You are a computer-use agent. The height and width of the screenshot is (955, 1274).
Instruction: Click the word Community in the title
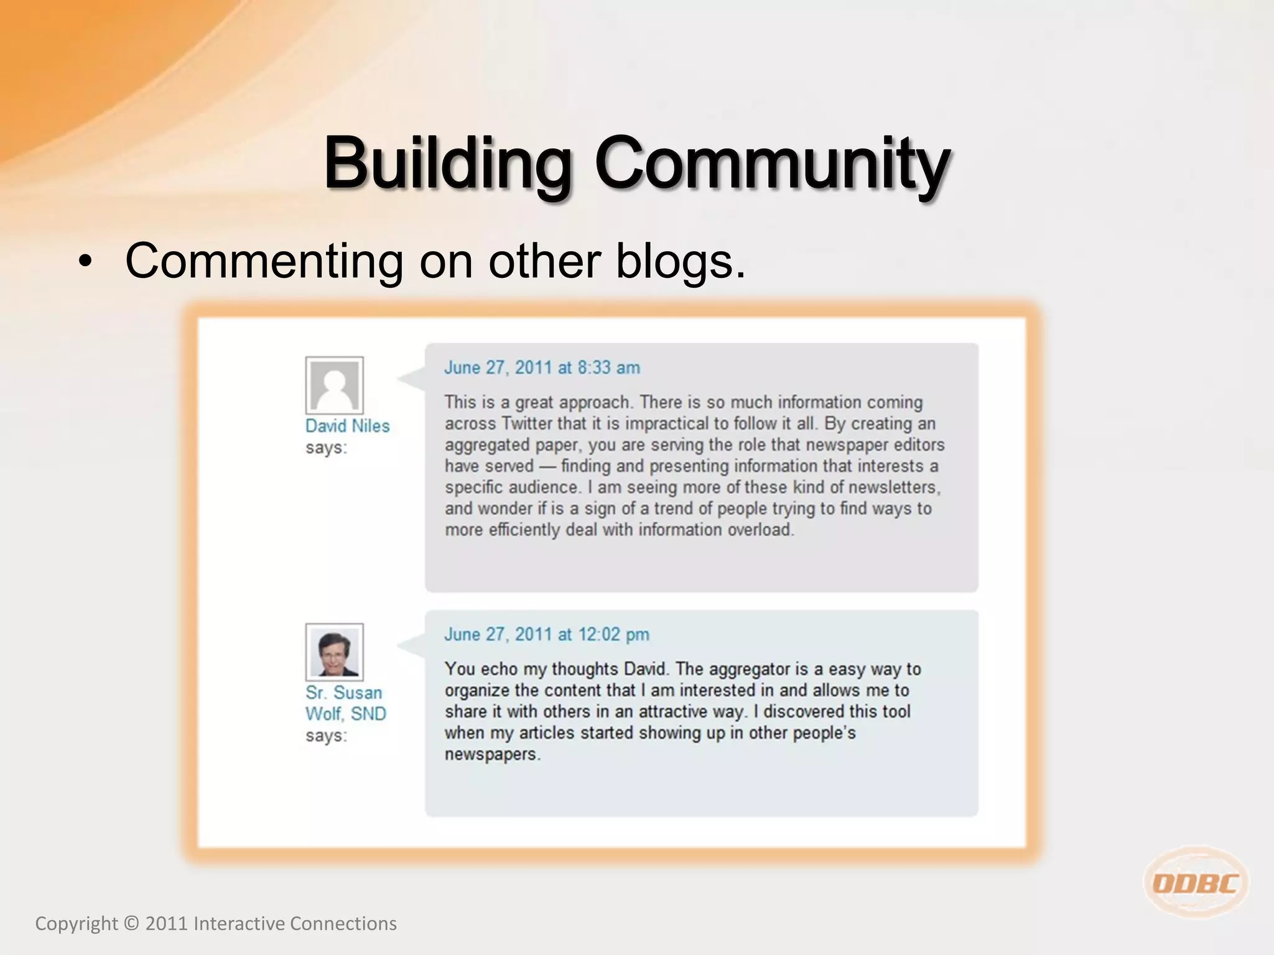pos(772,163)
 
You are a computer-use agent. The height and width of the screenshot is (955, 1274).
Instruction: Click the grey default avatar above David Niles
pos(335,385)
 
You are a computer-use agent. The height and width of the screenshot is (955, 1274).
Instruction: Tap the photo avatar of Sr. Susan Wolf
pos(335,652)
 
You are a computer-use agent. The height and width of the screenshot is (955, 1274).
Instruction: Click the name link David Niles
pos(347,426)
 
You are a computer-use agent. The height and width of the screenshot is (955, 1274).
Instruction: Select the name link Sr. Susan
pos(343,693)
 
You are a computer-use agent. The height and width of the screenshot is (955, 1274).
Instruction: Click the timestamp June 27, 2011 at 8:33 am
pos(542,367)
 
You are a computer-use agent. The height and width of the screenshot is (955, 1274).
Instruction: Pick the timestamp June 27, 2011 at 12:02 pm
pos(546,634)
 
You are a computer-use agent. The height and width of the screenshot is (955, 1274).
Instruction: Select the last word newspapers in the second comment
pos(492,754)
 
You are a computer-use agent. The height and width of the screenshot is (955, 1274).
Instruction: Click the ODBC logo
pos(1196,883)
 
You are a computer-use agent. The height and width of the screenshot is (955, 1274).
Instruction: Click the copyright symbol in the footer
pos(131,924)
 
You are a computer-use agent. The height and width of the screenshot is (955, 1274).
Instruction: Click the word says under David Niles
pos(325,448)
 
